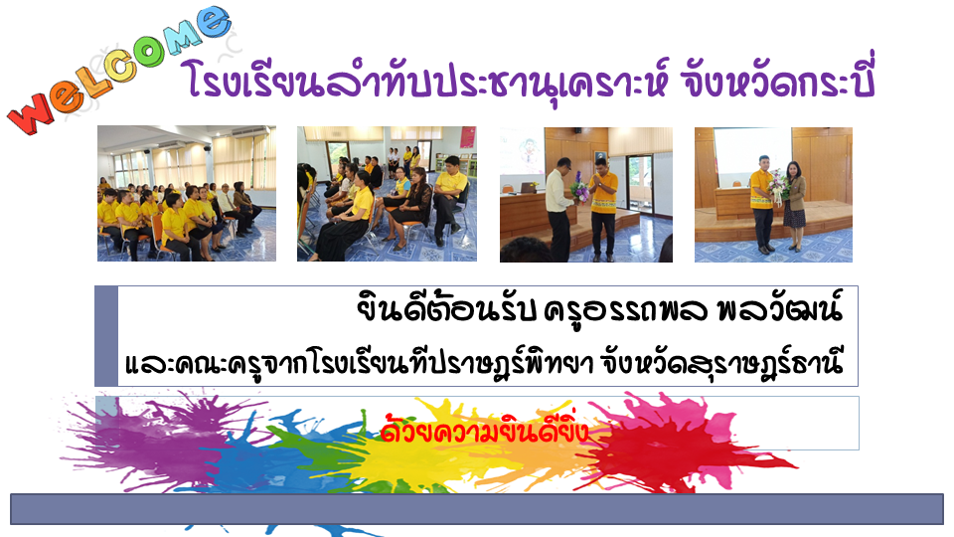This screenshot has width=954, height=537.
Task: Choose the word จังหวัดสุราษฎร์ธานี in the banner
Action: [x=721, y=363]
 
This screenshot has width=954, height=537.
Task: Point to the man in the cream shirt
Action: [x=559, y=209]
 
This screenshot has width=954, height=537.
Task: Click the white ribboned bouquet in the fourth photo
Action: [x=777, y=186]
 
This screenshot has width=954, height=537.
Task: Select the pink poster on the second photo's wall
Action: [x=467, y=137]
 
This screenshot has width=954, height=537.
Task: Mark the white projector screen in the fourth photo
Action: [x=752, y=156]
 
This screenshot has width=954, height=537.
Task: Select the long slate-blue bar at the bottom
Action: [x=477, y=509]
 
